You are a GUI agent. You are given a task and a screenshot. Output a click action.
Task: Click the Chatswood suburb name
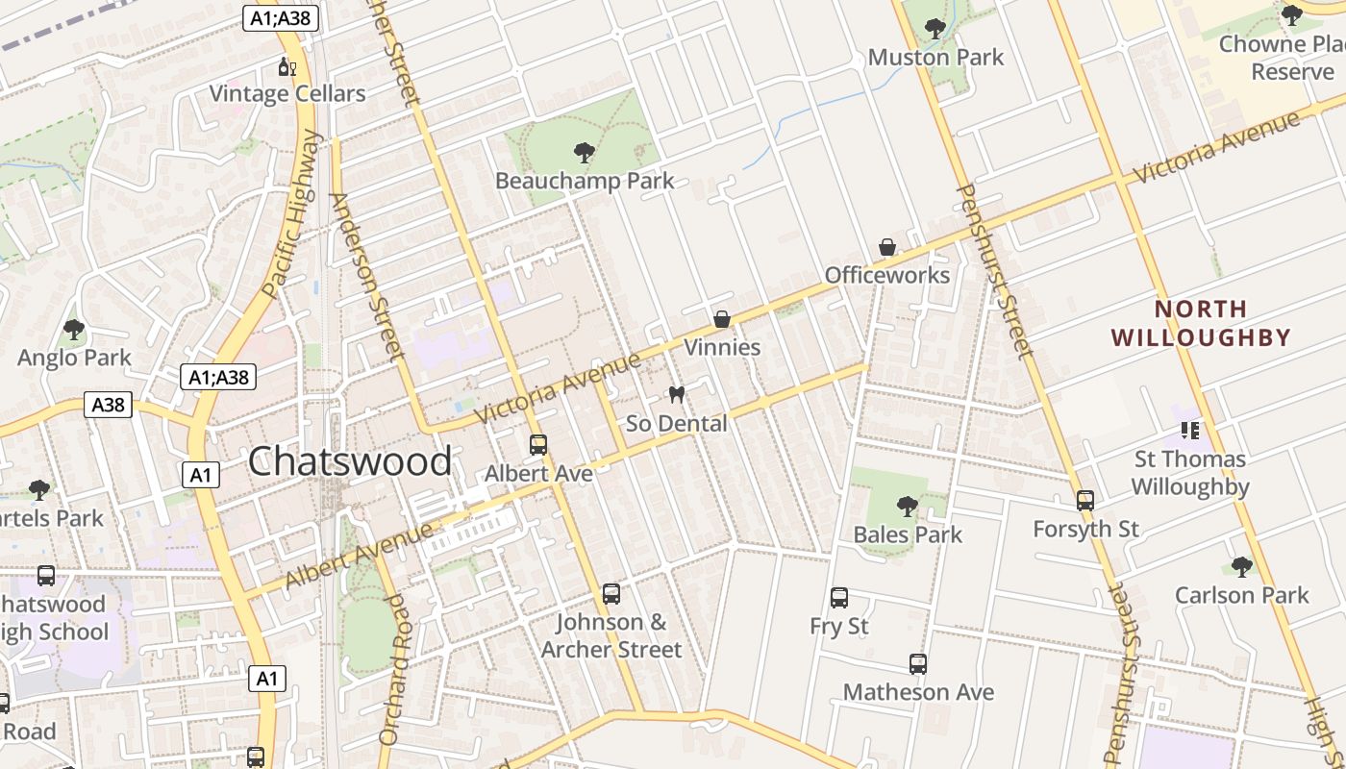coord(350,462)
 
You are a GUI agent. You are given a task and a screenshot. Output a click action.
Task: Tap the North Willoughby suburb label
coord(1201,324)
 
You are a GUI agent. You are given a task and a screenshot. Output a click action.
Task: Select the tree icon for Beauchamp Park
coord(584,152)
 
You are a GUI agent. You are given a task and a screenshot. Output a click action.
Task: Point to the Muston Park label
coord(935,58)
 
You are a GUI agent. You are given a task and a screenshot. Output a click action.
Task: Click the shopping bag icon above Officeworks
coord(887,248)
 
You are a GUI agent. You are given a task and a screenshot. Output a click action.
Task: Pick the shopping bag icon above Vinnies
coord(722,319)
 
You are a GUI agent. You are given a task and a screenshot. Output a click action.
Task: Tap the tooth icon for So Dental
coord(677,395)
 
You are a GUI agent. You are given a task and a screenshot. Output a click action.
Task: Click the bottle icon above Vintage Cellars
coord(286,66)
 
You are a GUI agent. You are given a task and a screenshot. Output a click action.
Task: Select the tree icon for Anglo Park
coord(74,331)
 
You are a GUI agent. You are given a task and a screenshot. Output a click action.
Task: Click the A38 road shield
coord(108,405)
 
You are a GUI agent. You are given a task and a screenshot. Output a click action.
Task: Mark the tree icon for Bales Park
coord(907,506)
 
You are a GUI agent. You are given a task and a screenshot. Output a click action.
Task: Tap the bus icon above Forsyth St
coord(1085,501)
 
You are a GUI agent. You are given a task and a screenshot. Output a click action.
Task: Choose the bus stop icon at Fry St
coord(839,598)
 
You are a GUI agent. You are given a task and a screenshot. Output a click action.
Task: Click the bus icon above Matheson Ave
coord(918,664)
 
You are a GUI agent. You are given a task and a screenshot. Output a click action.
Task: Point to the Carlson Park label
coord(1242,596)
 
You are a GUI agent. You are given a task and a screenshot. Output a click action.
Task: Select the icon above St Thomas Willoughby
coord(1190,431)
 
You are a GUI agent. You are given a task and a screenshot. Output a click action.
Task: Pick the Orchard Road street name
coord(394,668)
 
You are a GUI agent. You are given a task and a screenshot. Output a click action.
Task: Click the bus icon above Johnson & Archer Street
coord(611,594)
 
